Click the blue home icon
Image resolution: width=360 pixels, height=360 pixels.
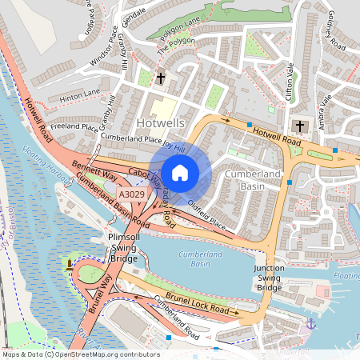pyautogui.click(x=180, y=173)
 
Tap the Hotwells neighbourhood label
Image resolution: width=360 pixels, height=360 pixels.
pyautogui.click(x=161, y=123)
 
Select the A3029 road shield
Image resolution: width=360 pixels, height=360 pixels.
pyautogui.click(x=131, y=194)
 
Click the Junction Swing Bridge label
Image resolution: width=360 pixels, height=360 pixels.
pyautogui.click(x=269, y=278)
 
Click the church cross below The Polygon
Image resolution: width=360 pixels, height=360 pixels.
pyautogui.click(x=161, y=78)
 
